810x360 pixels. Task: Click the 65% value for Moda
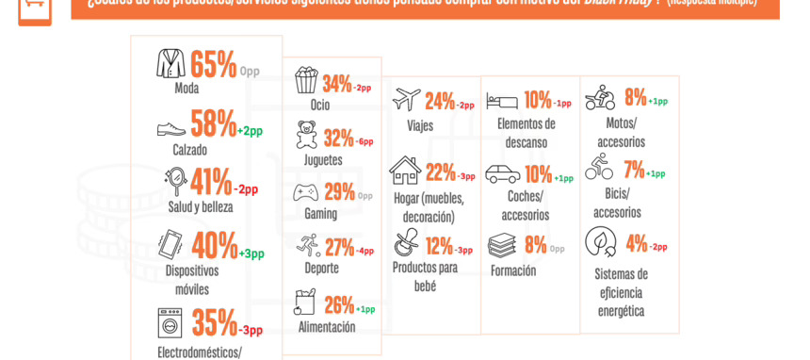click(x=213, y=65)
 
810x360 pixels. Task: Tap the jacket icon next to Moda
click(x=170, y=64)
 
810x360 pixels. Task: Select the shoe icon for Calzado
click(x=171, y=128)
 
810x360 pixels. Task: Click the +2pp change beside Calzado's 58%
click(x=250, y=131)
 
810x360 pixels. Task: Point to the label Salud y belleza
click(x=201, y=206)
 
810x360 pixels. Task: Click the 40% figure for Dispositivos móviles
click(x=214, y=246)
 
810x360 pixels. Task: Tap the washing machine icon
click(x=170, y=322)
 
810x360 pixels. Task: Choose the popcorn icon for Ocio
click(x=306, y=80)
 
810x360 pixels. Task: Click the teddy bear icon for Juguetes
click(x=306, y=135)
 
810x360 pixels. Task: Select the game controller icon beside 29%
click(x=306, y=192)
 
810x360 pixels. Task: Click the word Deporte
click(x=321, y=268)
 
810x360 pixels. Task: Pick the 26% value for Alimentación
click(x=339, y=305)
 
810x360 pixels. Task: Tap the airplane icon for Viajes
click(x=407, y=99)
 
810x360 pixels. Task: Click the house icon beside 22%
click(x=405, y=171)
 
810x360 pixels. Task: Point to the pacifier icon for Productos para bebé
click(x=407, y=243)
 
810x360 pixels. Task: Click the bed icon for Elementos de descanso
click(x=502, y=100)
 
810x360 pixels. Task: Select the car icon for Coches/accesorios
click(x=502, y=174)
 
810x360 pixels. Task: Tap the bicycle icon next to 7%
click(x=599, y=167)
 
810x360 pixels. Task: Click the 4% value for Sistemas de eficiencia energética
click(x=637, y=243)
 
